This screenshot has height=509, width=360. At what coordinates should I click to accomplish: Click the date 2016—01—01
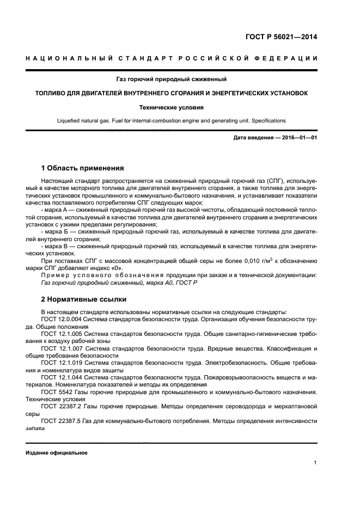(x=297, y=138)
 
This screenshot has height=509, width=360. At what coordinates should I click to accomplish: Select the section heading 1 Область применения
(x=82, y=168)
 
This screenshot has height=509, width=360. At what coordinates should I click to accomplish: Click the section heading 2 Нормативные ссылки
(x=83, y=299)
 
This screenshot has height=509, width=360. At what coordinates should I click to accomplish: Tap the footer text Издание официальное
(x=56, y=452)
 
